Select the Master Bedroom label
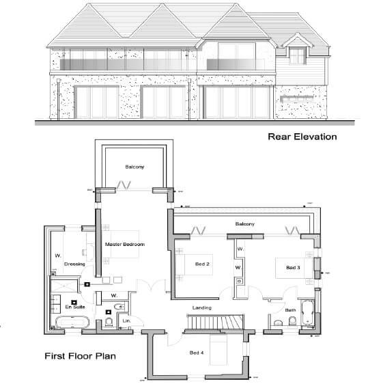(124, 244)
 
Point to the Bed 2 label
(202, 264)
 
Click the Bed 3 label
(293, 267)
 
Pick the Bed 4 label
(197, 353)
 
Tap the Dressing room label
(74, 264)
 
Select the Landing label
(202, 308)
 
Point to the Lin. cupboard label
(127, 320)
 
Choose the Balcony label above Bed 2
(245, 224)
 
